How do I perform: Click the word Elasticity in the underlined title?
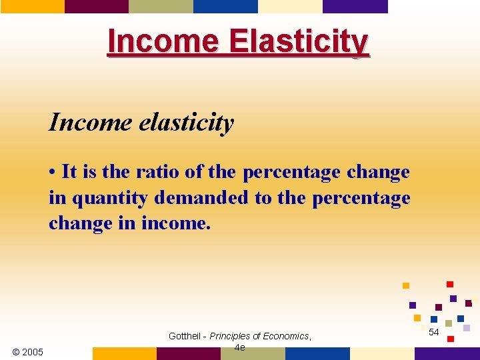coord(299,41)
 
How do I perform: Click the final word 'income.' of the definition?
coord(176,223)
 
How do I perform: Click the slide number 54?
coord(434,332)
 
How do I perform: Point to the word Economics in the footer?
coord(286,336)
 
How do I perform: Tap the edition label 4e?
coord(240,347)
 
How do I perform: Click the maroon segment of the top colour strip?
coord(96,6)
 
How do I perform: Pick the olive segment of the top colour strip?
coord(161,6)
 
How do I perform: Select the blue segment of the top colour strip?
coord(225,6)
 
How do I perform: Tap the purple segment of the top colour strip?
coord(355,6)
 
